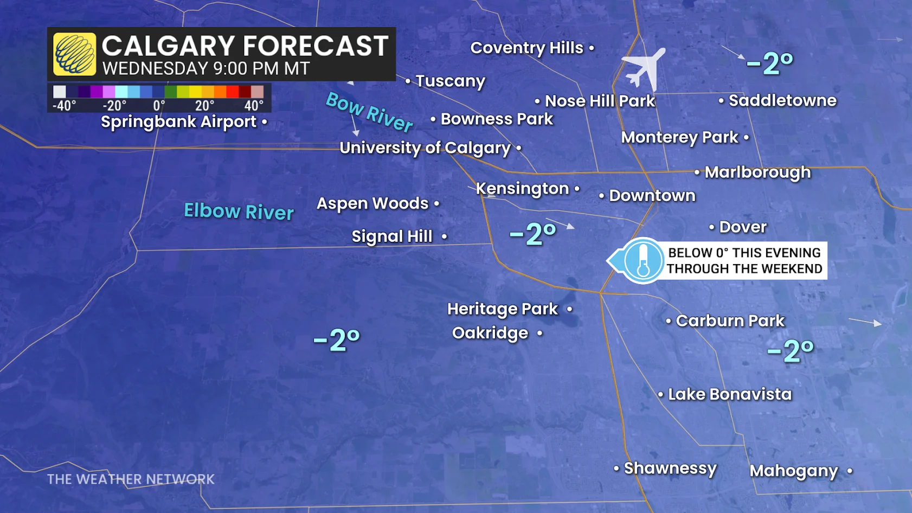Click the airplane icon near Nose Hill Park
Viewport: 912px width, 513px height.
pyautogui.click(x=644, y=69)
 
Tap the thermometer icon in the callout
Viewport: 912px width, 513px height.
pyautogui.click(x=643, y=261)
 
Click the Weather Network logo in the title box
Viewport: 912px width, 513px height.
pyautogui.click(x=75, y=54)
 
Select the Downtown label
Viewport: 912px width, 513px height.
pyautogui.click(x=652, y=196)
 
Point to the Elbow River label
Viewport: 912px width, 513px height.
pyautogui.click(x=239, y=211)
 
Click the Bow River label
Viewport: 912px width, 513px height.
pyautogui.click(x=369, y=112)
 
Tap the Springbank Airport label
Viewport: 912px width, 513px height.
pyautogui.click(x=178, y=122)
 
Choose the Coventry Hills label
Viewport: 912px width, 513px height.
pyautogui.click(x=526, y=48)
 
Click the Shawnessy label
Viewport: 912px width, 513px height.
pyautogui.click(x=670, y=469)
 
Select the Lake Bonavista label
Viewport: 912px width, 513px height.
pyautogui.click(x=729, y=394)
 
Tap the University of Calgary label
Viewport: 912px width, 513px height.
pyautogui.click(x=425, y=148)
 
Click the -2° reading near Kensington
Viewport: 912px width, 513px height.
pyautogui.click(x=533, y=234)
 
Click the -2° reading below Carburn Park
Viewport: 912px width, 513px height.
pyautogui.click(x=790, y=351)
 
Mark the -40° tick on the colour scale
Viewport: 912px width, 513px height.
pyautogui.click(x=64, y=105)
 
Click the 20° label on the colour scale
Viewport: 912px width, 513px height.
pyautogui.click(x=204, y=105)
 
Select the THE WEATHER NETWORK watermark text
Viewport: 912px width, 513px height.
pyautogui.click(x=131, y=479)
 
